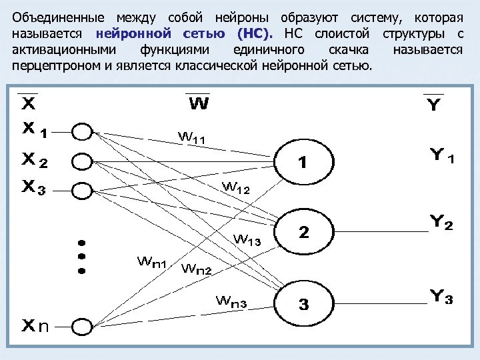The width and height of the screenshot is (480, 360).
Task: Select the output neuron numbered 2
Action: click(x=303, y=233)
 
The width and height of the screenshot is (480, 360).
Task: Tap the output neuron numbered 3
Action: click(x=303, y=305)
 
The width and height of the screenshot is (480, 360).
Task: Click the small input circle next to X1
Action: click(x=81, y=132)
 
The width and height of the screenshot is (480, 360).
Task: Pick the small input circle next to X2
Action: click(x=81, y=161)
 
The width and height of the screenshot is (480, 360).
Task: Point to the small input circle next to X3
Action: click(x=81, y=190)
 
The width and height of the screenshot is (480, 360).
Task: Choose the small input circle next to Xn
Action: click(x=81, y=327)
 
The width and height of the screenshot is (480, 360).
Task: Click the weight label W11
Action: click(x=191, y=138)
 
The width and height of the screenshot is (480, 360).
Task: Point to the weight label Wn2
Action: click(x=196, y=269)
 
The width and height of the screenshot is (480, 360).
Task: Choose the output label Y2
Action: click(x=441, y=223)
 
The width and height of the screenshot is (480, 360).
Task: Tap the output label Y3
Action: click(x=441, y=297)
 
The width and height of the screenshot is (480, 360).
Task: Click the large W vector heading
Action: click(x=198, y=104)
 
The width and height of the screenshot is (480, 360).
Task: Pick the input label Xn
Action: click(x=35, y=326)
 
